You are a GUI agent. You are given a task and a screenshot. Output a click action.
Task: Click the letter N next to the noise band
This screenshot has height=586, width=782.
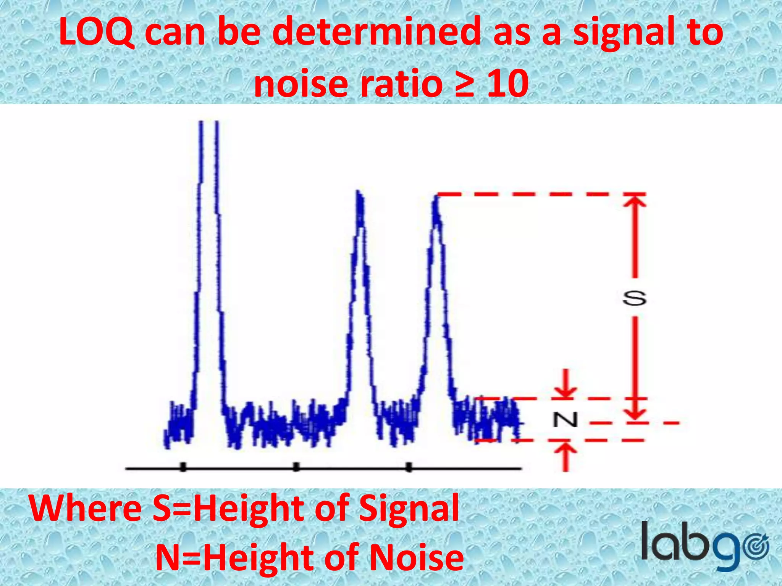click(x=565, y=420)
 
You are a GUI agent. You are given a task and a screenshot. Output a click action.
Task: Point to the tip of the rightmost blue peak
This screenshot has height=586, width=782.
click(x=436, y=197)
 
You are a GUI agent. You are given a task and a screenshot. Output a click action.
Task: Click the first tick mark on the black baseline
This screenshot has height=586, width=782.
click(x=183, y=467)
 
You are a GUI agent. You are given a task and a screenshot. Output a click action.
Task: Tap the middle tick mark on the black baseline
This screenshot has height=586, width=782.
click(x=296, y=467)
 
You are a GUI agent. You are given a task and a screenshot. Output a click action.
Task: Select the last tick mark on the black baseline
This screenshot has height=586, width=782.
click(x=409, y=467)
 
